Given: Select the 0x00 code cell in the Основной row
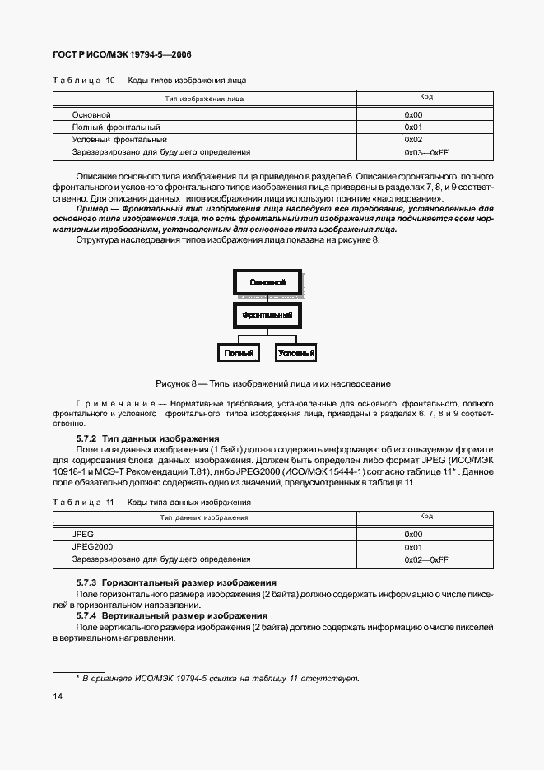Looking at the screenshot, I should [x=413, y=114].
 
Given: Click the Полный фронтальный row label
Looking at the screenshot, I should [x=116, y=128].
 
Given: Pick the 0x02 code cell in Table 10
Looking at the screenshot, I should [x=413, y=140].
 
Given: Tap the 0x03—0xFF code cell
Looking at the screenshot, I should [x=425, y=153].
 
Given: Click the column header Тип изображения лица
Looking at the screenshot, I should [x=204, y=99].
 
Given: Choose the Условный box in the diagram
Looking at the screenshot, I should [x=296, y=352].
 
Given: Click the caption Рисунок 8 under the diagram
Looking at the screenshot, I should [x=272, y=383].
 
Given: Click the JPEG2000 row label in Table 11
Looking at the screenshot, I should [x=93, y=546].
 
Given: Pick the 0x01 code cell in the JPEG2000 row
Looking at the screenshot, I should [x=413, y=546].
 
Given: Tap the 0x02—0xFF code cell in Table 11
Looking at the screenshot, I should [x=425, y=559].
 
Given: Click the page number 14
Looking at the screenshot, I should [x=57, y=697].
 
